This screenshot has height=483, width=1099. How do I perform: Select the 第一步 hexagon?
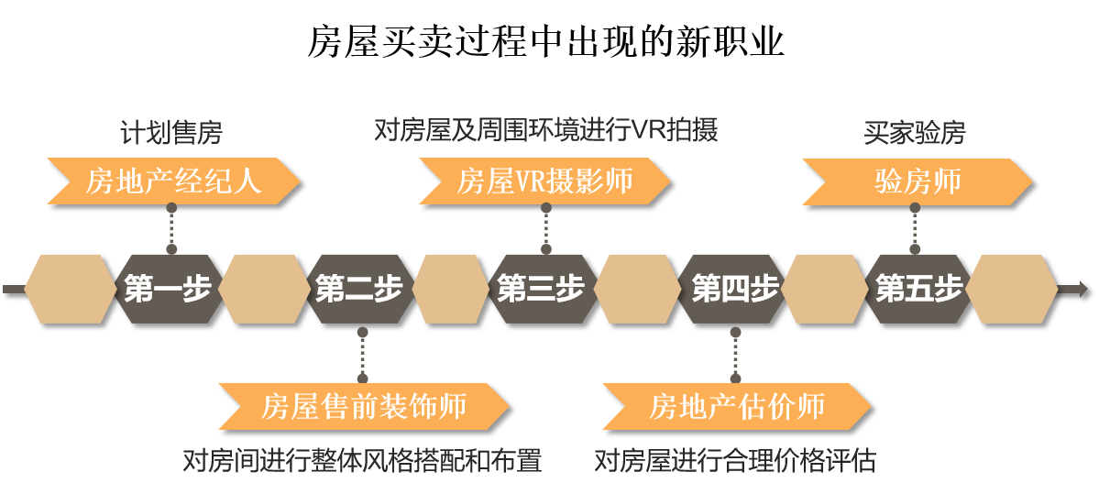click(169, 289)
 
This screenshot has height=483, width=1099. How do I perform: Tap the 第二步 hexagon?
click(359, 289)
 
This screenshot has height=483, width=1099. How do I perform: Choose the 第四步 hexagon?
click(734, 289)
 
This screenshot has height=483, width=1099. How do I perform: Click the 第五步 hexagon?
click(918, 289)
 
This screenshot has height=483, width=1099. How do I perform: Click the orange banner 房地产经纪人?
click(174, 181)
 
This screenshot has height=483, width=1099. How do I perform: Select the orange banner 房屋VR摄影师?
click(545, 181)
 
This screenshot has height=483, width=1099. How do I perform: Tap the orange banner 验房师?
click(918, 181)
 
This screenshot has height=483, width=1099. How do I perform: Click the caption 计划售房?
click(171, 133)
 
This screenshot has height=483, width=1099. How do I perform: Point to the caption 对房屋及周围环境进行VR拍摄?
click(546, 130)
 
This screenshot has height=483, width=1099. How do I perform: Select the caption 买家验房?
click(915, 133)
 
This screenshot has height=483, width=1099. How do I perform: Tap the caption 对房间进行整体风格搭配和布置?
click(362, 461)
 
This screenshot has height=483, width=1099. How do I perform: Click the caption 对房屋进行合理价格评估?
click(735, 461)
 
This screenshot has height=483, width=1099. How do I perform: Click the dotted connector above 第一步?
click(171, 228)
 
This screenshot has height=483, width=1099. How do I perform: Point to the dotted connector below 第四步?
click(734, 355)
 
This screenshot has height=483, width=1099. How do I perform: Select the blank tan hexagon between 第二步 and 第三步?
click(453, 289)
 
